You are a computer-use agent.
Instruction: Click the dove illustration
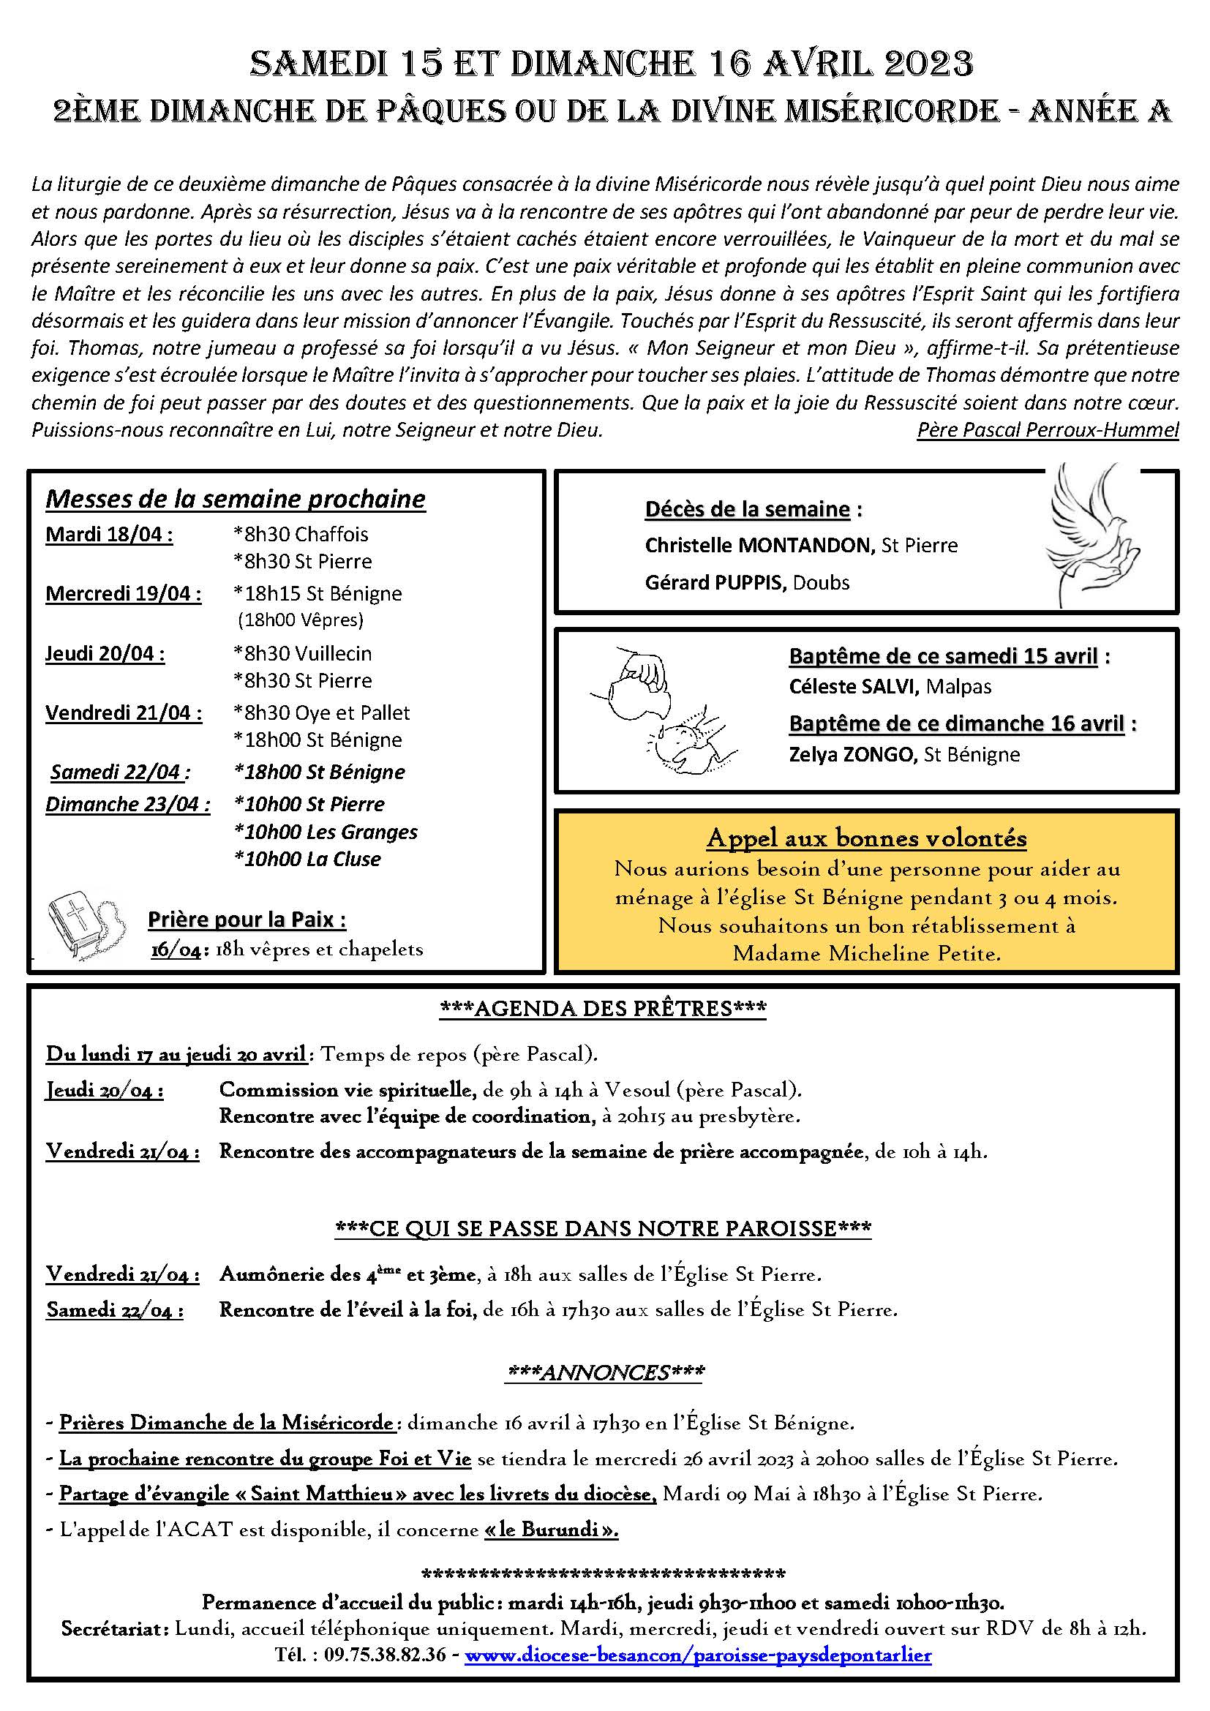pyautogui.click(x=1091, y=533)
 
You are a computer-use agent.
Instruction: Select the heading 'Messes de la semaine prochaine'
pyautogui.click(x=236, y=499)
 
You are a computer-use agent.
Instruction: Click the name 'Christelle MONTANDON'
pyautogui.click(x=759, y=546)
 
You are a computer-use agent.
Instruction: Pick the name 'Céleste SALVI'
pyautogui.click(x=852, y=686)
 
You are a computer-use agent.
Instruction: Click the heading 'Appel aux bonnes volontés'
pyautogui.click(x=866, y=838)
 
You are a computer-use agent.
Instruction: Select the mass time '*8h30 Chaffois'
pyautogui.click(x=301, y=534)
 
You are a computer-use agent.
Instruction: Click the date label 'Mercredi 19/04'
pyautogui.click(x=123, y=594)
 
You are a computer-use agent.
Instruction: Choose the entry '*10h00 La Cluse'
pyautogui.click(x=308, y=860)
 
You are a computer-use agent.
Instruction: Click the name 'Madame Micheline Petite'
pyautogui.click(x=866, y=954)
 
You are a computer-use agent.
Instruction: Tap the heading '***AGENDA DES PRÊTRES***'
pyautogui.click(x=604, y=1008)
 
